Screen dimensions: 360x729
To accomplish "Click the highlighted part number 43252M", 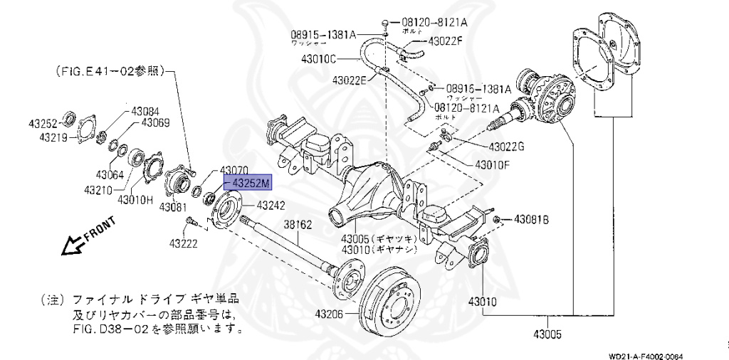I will [249, 184].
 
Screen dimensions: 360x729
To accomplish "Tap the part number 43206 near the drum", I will [330, 314].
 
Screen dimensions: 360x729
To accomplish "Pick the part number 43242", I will [271, 206].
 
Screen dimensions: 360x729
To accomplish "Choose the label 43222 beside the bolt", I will [184, 243].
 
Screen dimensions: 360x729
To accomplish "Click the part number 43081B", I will [531, 219].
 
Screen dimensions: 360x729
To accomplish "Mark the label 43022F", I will [445, 41].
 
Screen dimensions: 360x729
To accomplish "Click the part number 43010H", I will [135, 199].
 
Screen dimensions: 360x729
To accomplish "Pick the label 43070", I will [234, 171].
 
